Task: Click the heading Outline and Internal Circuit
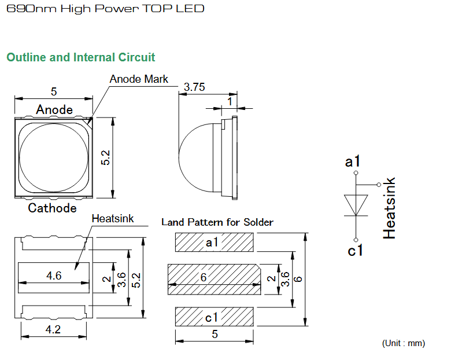point(80,57)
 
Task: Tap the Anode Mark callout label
point(139,79)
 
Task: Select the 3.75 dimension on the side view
point(194,87)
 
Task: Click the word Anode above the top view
point(54,110)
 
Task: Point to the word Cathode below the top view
point(53,208)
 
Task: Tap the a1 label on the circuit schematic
point(352,161)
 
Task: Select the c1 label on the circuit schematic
point(355,250)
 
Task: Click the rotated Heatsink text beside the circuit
point(389,208)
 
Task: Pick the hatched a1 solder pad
point(215,242)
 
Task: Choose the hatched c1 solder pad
point(215,317)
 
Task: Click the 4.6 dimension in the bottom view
point(54,275)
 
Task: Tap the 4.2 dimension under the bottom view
point(53,329)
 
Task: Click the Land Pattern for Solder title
point(217,222)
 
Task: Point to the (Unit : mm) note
point(404,343)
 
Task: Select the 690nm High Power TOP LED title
point(105,9)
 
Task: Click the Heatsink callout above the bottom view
point(113,218)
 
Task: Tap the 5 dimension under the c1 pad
point(215,334)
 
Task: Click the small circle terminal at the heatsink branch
point(379,185)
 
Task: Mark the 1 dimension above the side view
point(230,101)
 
